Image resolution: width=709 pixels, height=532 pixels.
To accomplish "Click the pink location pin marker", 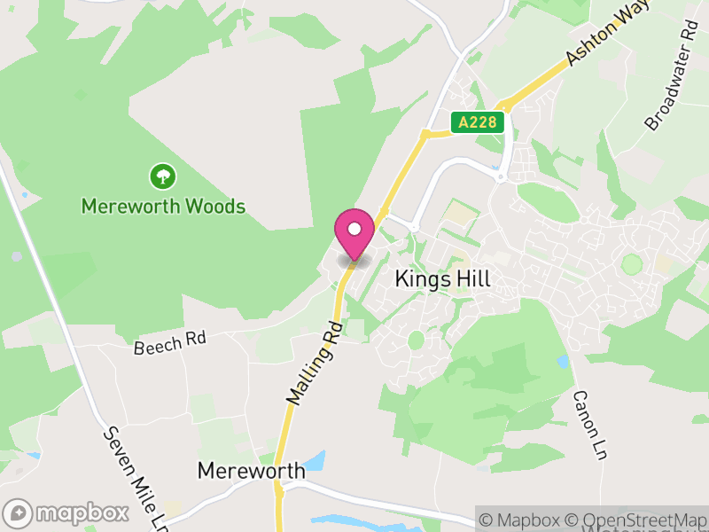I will pyautogui.click(x=354, y=236).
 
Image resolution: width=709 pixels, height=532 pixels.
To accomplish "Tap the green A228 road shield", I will pyautogui.click(x=478, y=122).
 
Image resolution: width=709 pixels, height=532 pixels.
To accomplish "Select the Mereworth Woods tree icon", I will pyautogui.click(x=162, y=176).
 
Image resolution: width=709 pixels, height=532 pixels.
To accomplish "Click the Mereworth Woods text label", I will pyautogui.click(x=162, y=207).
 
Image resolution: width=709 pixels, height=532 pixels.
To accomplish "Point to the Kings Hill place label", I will pyautogui.click(x=442, y=278).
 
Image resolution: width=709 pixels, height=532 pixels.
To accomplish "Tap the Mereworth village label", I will pyautogui.click(x=252, y=471).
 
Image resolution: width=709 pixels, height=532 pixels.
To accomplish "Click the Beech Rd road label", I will pyautogui.click(x=169, y=343).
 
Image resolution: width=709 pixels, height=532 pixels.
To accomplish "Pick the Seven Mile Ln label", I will pyautogui.click(x=136, y=474).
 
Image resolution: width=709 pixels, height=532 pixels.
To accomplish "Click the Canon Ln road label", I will pyautogui.click(x=581, y=425).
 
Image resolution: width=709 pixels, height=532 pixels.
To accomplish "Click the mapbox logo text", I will pyautogui.click(x=82, y=513).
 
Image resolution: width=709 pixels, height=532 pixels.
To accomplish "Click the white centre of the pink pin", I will pyautogui.click(x=354, y=230).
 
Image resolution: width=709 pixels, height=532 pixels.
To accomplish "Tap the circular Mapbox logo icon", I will pyautogui.click(x=18, y=513).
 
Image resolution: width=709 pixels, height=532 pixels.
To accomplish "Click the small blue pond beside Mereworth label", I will pyautogui.click(x=316, y=461).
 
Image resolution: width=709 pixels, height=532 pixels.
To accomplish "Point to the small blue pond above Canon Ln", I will pyautogui.click(x=564, y=362).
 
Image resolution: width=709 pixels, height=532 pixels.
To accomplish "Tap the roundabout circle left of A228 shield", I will pyautogui.click(x=425, y=134).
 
